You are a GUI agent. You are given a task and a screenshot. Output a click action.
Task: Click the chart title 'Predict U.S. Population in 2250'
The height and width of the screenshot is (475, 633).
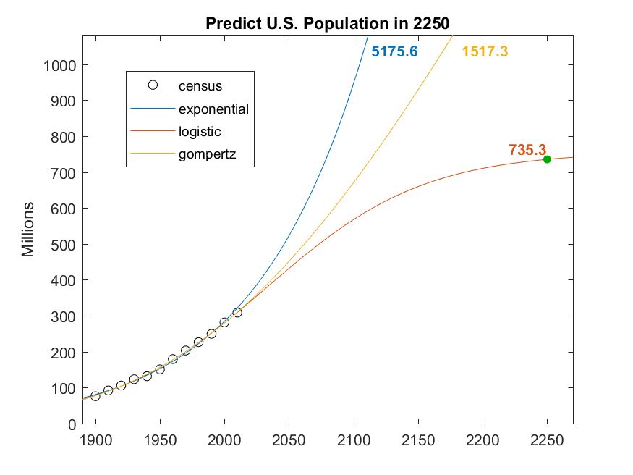point(328,22)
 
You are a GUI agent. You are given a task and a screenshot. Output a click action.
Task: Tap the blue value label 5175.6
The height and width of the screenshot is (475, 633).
point(394,52)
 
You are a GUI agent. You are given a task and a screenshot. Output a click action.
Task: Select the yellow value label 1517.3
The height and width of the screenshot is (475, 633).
point(485,52)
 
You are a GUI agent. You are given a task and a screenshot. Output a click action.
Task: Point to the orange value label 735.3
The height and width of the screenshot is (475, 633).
point(527,150)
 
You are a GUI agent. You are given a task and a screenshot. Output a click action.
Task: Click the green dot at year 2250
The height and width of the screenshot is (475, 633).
point(547,159)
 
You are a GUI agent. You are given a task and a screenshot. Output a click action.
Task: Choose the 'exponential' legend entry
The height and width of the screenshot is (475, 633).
point(213,109)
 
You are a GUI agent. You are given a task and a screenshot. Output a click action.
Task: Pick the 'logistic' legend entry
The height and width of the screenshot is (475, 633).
point(200,132)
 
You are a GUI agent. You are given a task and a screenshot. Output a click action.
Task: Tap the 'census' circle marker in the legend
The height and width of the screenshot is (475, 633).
point(153,85)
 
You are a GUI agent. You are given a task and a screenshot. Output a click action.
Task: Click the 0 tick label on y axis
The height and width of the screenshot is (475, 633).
point(72,424)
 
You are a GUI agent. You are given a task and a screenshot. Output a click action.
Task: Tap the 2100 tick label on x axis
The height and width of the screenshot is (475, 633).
point(354,440)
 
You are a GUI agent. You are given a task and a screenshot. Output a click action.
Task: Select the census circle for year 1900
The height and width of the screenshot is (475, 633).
point(95,396)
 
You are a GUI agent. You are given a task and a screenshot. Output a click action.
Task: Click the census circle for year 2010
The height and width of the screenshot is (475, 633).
point(237,313)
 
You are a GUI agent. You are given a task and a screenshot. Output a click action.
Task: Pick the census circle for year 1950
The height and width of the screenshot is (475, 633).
point(160,369)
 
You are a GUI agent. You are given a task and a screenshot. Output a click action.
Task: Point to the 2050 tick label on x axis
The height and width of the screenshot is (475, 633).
point(289,440)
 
